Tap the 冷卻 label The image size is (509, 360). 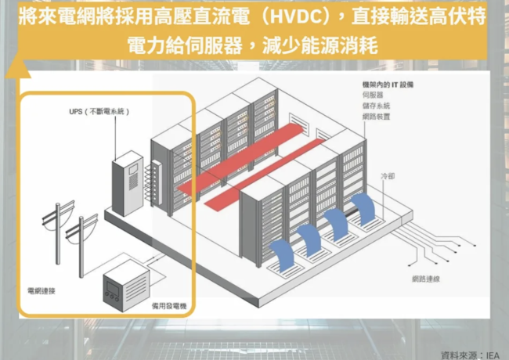(x=387, y=178)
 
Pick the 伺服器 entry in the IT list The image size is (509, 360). (x=374, y=93)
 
